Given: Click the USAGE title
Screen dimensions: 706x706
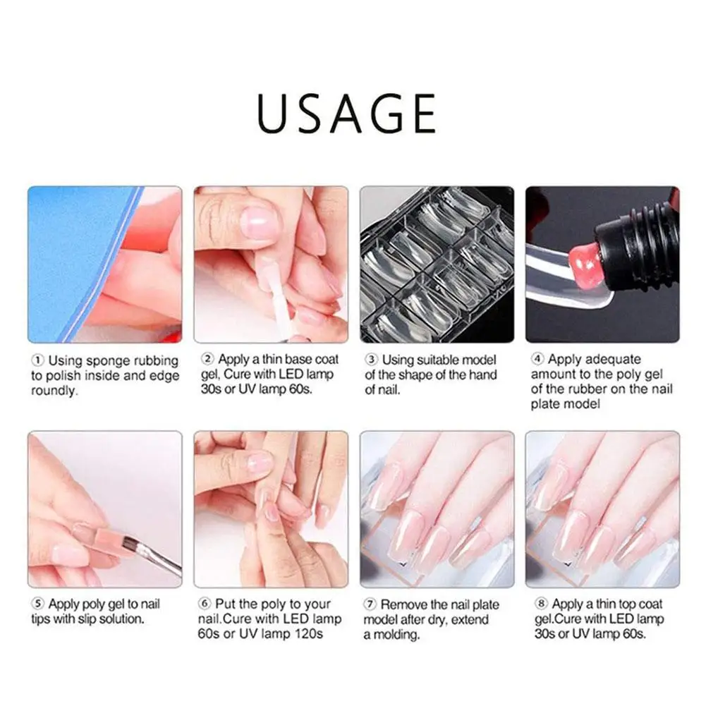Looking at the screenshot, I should pos(346,114).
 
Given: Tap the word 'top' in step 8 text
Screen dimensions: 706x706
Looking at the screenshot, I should pos(626,604).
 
